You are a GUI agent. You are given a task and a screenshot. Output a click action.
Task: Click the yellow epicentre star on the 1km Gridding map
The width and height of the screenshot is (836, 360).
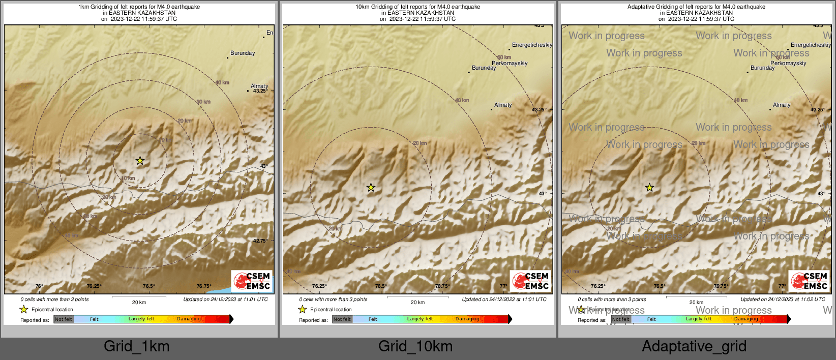click(x=140, y=161)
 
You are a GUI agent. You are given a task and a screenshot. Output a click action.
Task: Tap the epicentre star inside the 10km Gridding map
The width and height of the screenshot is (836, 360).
click(x=371, y=188)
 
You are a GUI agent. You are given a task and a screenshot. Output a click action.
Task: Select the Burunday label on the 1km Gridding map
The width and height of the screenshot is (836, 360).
click(x=243, y=53)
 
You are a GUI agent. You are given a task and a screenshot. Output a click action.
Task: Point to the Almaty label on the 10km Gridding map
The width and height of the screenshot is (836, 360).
click(x=503, y=105)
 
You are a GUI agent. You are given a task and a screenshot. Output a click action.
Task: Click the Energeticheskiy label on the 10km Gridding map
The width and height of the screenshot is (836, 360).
click(x=532, y=45)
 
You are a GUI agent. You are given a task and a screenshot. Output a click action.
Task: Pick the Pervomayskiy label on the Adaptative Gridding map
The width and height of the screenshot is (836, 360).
click(x=788, y=64)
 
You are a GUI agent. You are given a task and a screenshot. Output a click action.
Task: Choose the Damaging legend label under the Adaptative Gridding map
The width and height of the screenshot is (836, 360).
click(x=746, y=319)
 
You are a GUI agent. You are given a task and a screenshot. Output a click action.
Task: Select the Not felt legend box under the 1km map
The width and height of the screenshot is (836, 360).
click(x=64, y=319)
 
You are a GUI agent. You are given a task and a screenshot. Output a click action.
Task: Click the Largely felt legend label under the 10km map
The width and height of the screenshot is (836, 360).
click(x=420, y=319)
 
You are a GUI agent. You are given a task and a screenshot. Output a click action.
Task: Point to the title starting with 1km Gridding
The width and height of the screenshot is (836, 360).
click(x=139, y=7)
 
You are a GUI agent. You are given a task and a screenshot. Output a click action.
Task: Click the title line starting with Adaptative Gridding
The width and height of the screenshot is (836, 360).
click(x=696, y=7)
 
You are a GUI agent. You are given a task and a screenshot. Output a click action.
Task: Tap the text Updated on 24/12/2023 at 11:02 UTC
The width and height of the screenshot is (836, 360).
click(x=783, y=299)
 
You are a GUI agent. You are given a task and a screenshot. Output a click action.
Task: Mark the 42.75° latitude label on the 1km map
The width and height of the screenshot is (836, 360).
click(x=260, y=241)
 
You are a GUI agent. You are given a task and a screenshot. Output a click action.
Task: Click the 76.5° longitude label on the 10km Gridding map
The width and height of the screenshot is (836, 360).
click(x=381, y=286)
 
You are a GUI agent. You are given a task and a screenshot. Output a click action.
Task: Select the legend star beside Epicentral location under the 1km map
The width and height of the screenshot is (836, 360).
click(x=23, y=309)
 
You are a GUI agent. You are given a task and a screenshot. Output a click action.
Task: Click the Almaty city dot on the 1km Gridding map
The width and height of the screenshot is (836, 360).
click(x=248, y=91)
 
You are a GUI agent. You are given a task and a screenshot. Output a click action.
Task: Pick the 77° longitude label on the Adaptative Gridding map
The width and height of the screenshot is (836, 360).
click(x=782, y=286)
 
